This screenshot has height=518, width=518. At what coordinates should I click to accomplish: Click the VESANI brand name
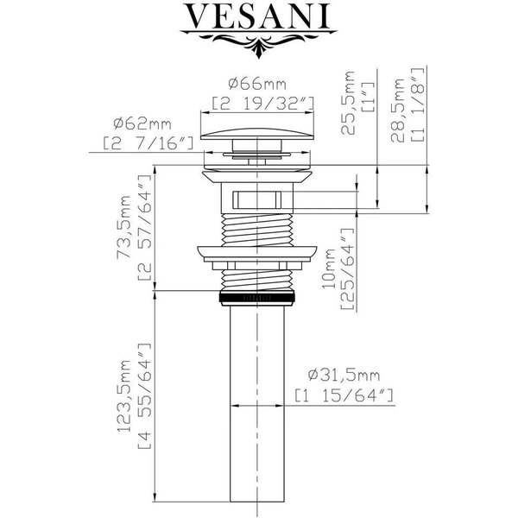(x=259, y=16)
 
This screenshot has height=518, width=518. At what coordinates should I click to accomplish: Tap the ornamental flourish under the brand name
(x=259, y=43)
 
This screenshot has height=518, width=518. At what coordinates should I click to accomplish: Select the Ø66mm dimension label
(x=257, y=84)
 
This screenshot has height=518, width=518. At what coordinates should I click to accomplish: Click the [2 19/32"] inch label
(x=262, y=104)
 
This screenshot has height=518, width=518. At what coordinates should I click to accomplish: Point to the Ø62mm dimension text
(x=142, y=123)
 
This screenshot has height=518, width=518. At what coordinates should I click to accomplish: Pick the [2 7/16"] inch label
(x=148, y=144)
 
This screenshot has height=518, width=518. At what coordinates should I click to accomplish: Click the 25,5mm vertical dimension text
(x=348, y=103)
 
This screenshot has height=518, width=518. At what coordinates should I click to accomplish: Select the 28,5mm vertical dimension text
(x=397, y=111)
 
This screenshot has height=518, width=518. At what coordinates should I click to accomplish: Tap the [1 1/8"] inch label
(x=417, y=104)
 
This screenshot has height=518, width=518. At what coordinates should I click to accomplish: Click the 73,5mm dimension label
(x=124, y=227)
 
